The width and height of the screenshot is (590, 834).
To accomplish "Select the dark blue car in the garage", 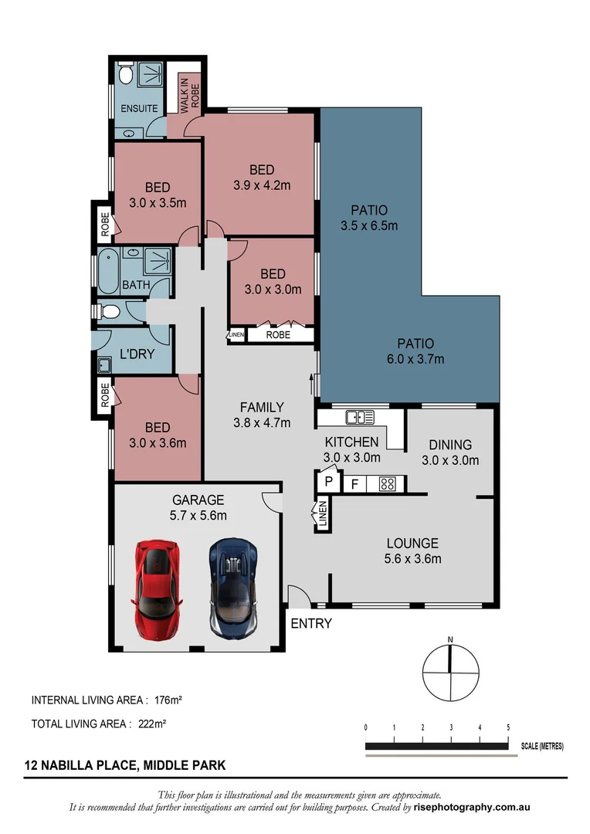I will [234, 588].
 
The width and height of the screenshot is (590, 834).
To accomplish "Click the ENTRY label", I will [310, 623].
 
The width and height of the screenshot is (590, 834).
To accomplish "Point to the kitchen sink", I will [360, 418].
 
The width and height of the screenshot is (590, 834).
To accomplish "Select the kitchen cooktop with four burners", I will [387, 484].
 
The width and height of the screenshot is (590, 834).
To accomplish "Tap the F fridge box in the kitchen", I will [354, 484].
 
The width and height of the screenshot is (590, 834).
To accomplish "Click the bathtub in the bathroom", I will [105, 270].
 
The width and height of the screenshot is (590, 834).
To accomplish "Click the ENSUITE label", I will [139, 109].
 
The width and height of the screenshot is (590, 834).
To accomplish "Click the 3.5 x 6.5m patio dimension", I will [368, 226].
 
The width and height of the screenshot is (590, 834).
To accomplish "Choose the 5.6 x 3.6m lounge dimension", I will [412, 558].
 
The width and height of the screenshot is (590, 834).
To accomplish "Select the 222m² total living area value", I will [153, 724].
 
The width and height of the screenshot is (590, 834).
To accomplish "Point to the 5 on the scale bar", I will [507, 727].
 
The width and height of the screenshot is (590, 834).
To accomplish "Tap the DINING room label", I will [450, 445].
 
